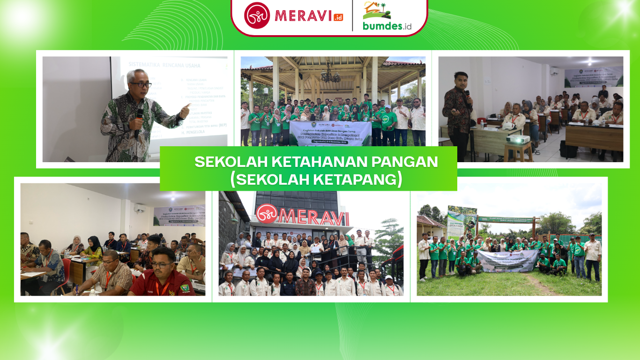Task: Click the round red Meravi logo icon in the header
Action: [257, 15]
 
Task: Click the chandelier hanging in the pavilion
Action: [330, 75]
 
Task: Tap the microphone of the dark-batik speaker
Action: [467, 96]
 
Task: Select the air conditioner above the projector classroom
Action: [554, 71]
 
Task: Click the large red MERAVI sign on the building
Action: [303, 217]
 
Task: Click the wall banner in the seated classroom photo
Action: [179, 216]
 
